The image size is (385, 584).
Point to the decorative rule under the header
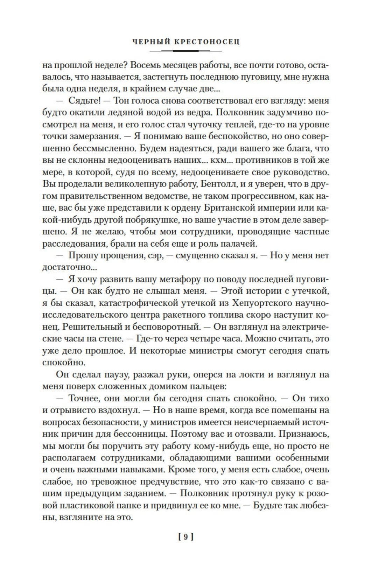(185, 51)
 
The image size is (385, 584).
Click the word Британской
(233, 208)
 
